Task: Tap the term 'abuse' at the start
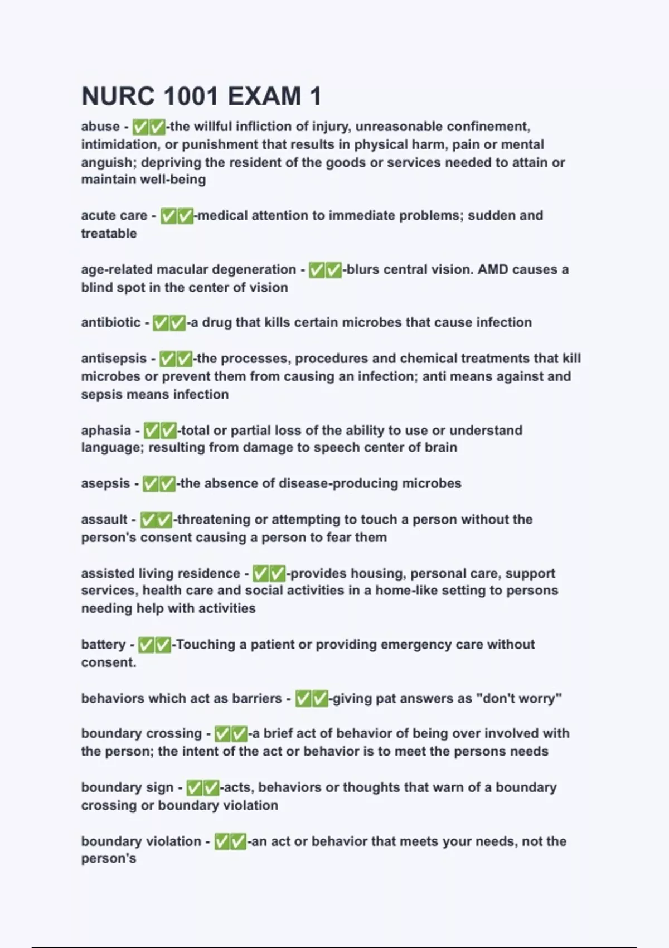[x=100, y=127]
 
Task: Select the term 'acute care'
[x=114, y=215]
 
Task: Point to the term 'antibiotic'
[x=111, y=322]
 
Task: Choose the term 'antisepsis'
[x=114, y=359]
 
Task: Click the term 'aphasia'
[x=106, y=431]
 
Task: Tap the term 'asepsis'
[x=105, y=483]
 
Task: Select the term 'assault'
[x=104, y=520]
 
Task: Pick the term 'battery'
[x=103, y=645]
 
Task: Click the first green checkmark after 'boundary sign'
[x=194, y=788]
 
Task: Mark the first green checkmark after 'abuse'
[x=140, y=127]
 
